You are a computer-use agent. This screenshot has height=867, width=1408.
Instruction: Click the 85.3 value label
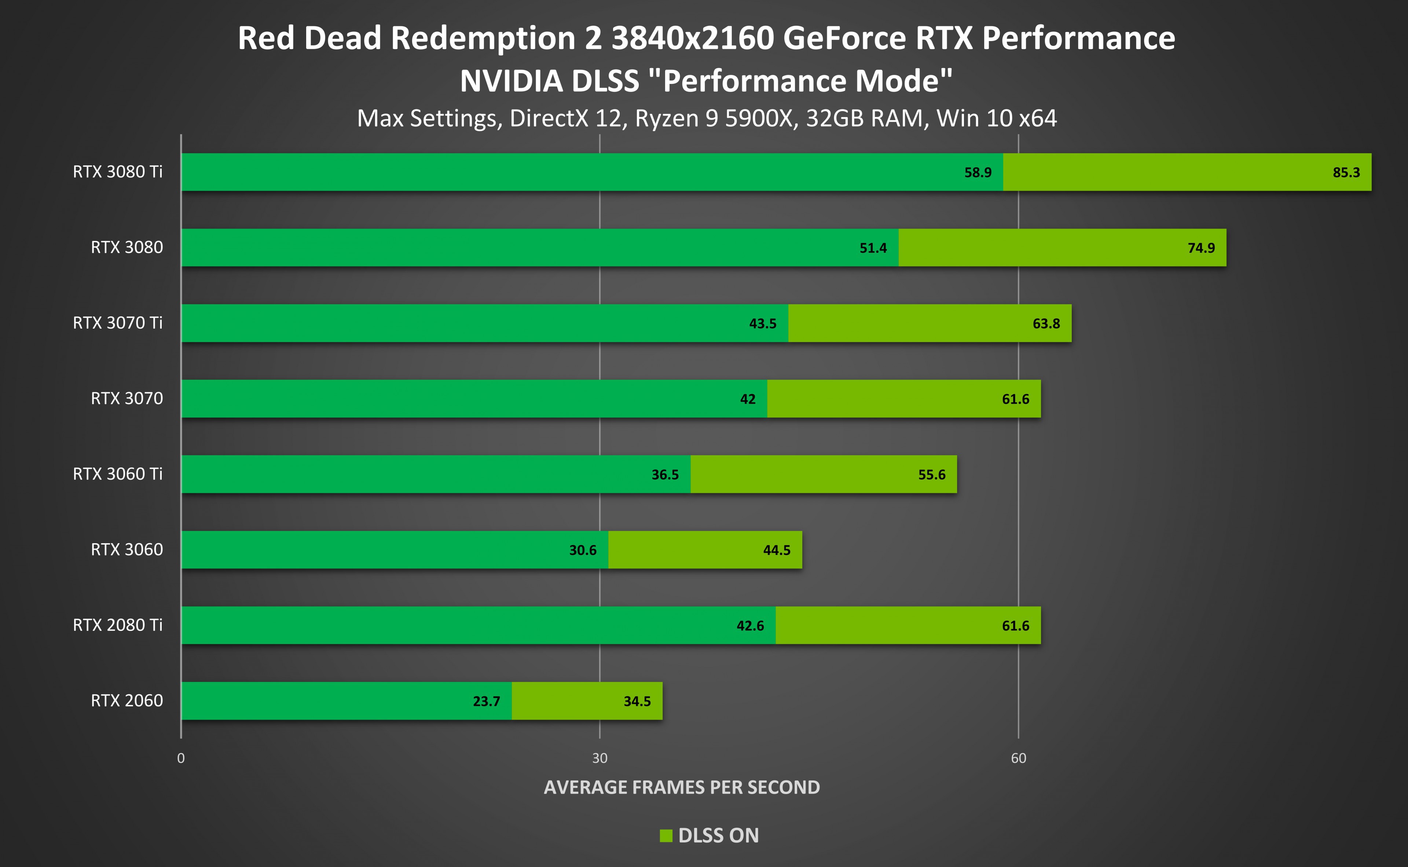pos(1346,173)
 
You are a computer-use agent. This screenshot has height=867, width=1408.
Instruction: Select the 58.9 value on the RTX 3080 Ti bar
pos(978,173)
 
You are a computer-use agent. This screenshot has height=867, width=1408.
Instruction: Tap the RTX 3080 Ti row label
pos(118,171)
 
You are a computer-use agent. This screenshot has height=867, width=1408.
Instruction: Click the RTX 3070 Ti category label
pos(118,323)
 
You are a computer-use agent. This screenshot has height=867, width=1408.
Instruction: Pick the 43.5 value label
pos(762,324)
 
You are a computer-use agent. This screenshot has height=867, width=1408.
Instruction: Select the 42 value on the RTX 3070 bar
pos(748,399)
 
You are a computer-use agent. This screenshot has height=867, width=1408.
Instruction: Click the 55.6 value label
pos(932,475)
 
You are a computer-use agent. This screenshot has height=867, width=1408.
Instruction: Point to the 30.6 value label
pos(583,550)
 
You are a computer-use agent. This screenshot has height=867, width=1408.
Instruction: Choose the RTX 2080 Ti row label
pos(118,625)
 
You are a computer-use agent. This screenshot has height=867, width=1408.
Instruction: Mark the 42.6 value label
pos(750,626)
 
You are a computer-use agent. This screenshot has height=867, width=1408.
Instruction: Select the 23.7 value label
pos(486,701)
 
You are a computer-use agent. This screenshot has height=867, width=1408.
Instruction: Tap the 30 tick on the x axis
pos(599,758)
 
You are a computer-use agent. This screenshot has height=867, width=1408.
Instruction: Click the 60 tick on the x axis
pos(1018,758)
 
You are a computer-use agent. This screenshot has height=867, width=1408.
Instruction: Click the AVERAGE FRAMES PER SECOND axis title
pos(682,787)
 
